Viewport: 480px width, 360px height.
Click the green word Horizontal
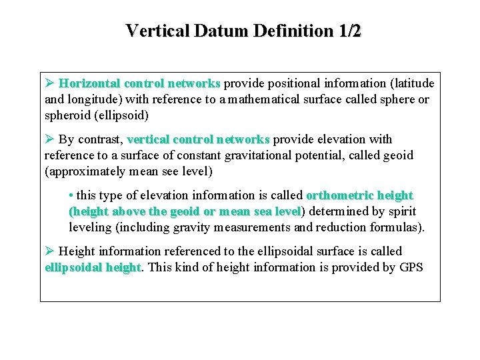[x=89, y=83]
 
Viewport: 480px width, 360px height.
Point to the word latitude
[x=411, y=83]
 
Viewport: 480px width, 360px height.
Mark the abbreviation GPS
[x=409, y=267]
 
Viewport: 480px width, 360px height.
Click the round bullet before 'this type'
[x=71, y=196]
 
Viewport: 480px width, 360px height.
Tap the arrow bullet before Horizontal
[x=49, y=83]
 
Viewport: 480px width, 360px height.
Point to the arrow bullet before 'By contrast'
[x=49, y=139]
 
